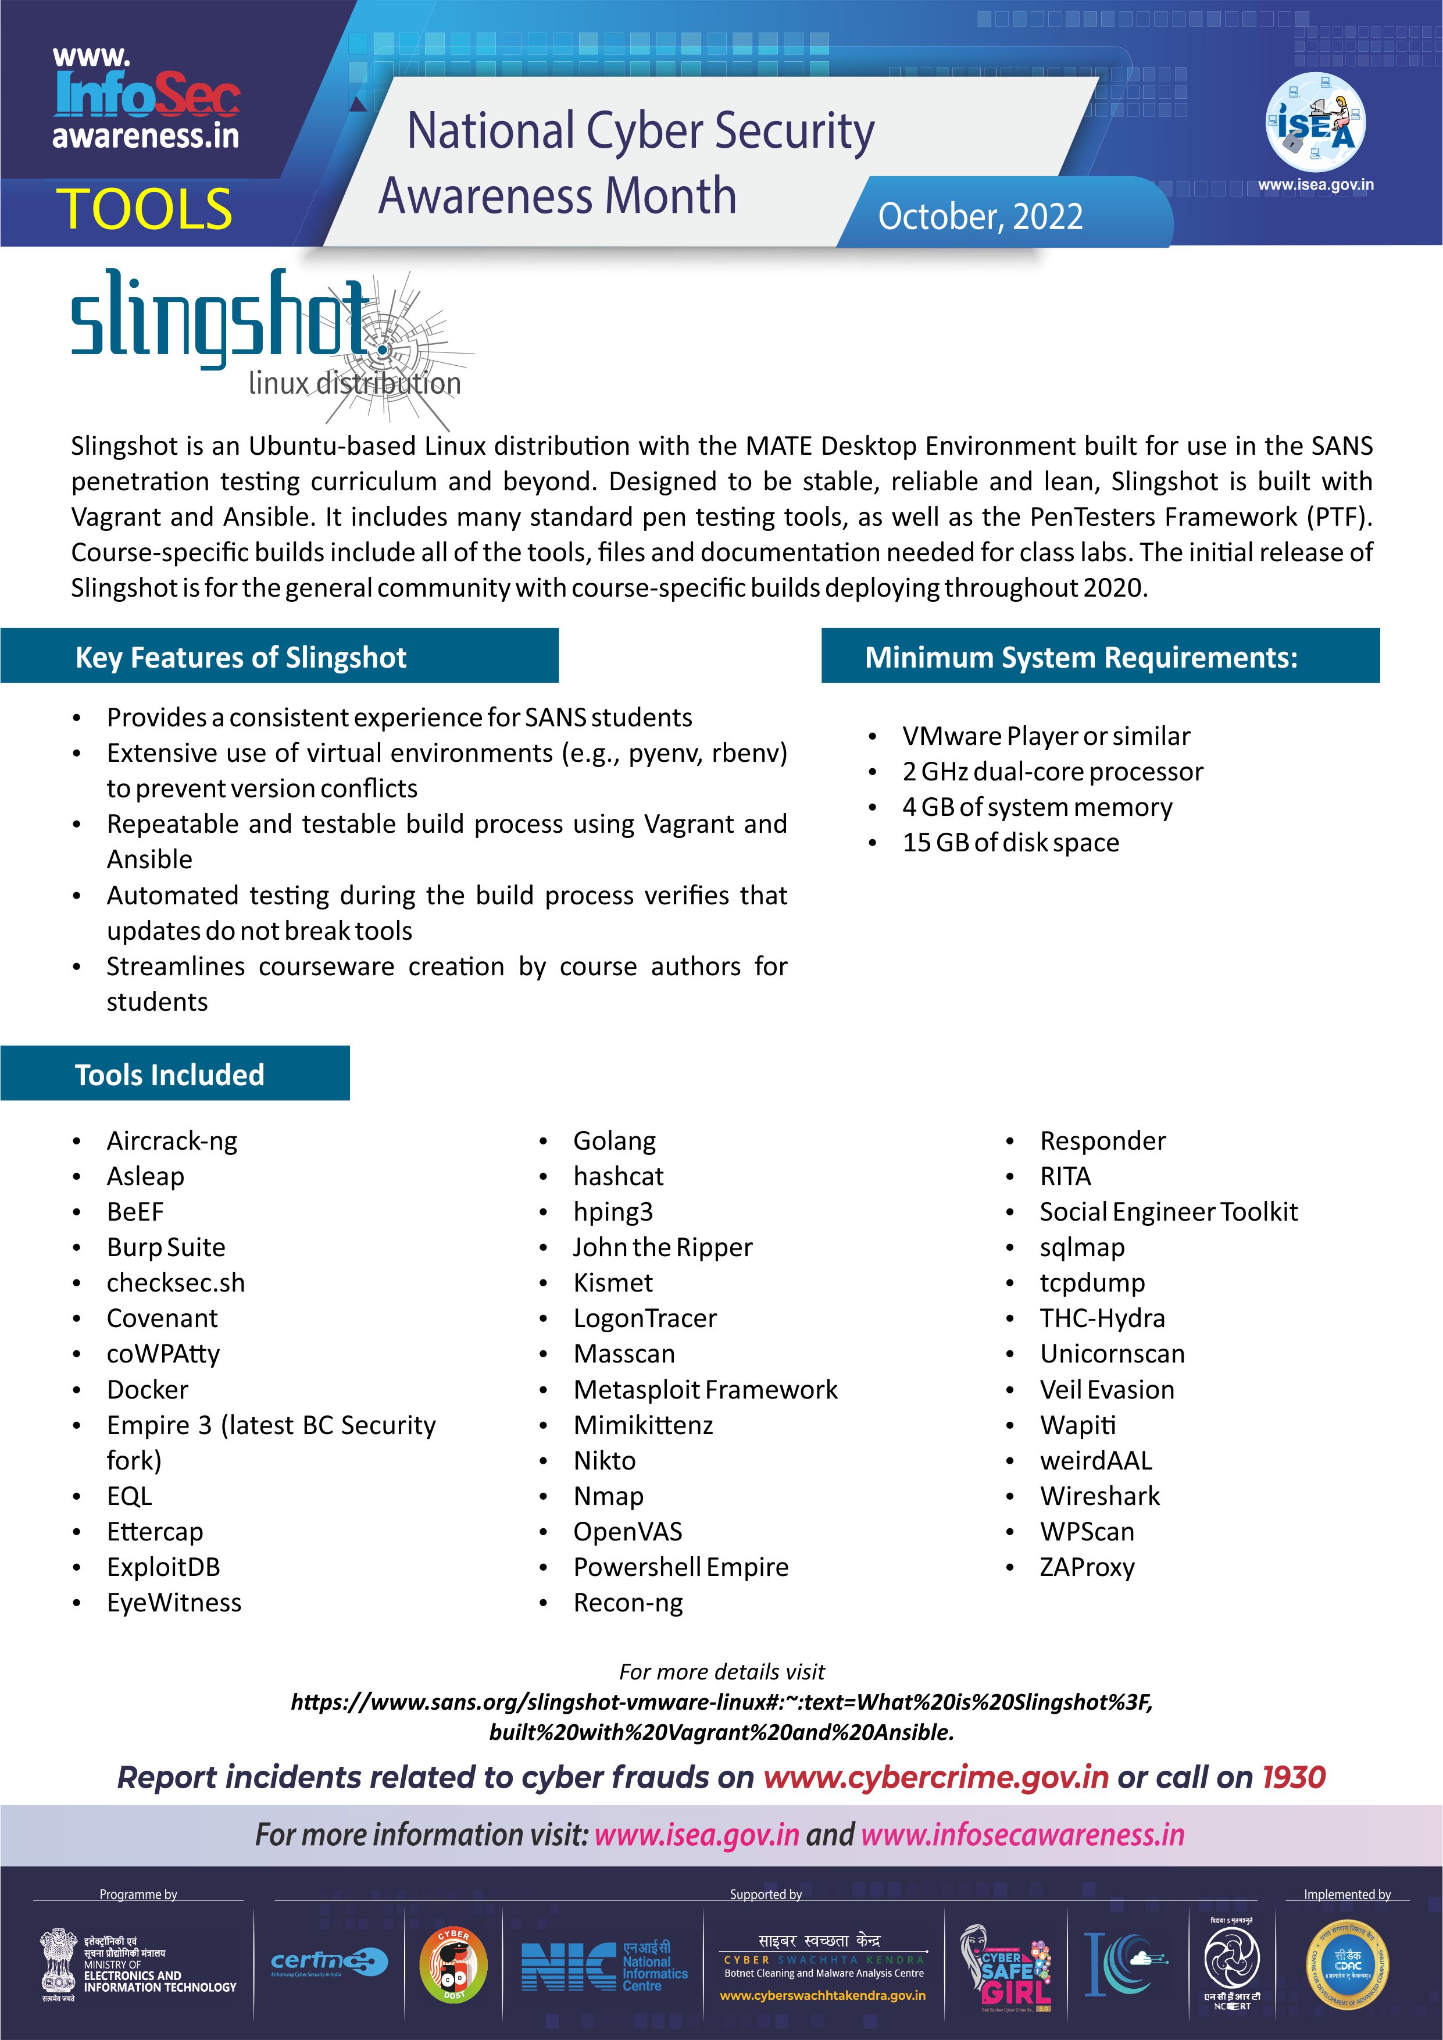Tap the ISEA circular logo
[1315, 122]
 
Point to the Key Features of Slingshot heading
[241, 658]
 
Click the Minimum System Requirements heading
[1080, 658]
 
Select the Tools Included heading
[170, 1075]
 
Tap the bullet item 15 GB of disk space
[1010, 842]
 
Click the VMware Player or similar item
[1046, 736]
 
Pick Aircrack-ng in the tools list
[172, 1141]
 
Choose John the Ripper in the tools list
[662, 1247]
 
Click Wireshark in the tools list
[1099, 1496]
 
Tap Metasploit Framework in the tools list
[705, 1390]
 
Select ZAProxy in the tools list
[1087, 1567]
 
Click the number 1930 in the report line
[1293, 1778]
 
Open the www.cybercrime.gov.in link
[935, 1778]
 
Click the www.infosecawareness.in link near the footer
[1022, 1835]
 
